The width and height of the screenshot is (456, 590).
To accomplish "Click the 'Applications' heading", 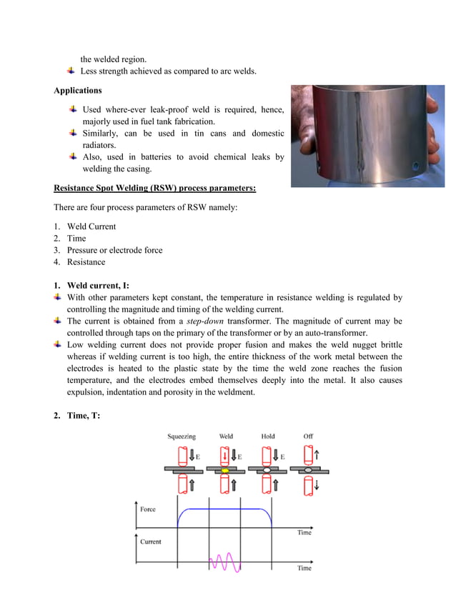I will [77, 91].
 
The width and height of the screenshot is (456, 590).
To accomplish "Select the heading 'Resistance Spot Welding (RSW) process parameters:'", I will [155, 188].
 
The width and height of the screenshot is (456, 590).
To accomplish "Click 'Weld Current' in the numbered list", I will [91, 226].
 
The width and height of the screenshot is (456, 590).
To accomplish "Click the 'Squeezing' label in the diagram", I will [182, 436].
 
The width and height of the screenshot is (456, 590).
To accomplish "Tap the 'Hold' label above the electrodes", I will [267, 436].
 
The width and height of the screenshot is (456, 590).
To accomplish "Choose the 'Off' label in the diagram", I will [308, 436].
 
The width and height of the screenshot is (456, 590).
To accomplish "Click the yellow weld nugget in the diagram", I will [225, 471].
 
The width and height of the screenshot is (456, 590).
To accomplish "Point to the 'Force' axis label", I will [148, 509].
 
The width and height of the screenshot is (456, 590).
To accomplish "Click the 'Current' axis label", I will [151, 541].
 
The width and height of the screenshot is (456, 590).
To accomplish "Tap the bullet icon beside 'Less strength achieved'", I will [71, 71].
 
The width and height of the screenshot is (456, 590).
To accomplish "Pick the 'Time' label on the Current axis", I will [304, 568].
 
